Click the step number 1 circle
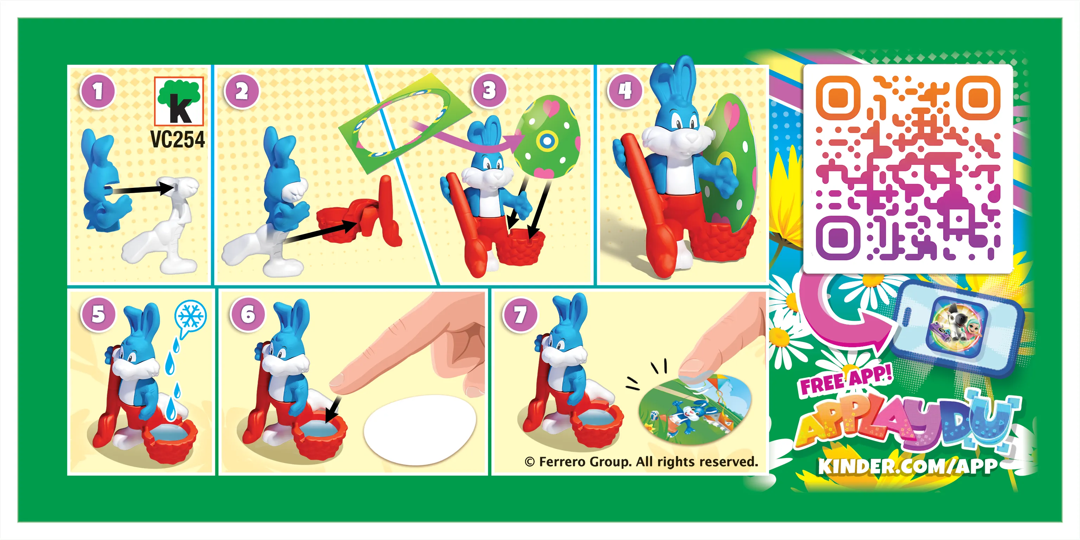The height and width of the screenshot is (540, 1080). [97, 91]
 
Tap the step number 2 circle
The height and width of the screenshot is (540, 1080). [242, 91]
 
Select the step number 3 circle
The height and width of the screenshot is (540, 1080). [489, 90]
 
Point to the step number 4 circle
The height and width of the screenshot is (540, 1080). [625, 90]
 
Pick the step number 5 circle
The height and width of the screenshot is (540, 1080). [98, 314]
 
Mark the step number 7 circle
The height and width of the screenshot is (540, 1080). [520, 315]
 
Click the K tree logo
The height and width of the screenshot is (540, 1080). [179, 101]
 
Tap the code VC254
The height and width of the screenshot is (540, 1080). [178, 140]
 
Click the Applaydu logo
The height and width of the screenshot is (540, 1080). [908, 424]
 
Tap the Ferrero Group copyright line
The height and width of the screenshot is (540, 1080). [641, 462]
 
